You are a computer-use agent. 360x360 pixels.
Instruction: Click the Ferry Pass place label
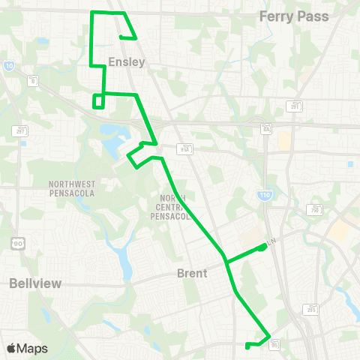pos(293,16)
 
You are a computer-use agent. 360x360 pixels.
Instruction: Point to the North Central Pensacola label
pos(173,208)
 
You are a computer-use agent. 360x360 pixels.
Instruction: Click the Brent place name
pos(192,274)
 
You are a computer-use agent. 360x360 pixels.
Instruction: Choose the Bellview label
pos(36,283)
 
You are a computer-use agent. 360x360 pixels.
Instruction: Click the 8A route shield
pos(265,130)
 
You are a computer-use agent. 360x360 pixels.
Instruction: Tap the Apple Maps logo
pos(27,348)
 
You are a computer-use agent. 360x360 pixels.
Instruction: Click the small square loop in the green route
pos(97,101)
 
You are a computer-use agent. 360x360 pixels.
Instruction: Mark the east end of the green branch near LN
pos(263,245)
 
